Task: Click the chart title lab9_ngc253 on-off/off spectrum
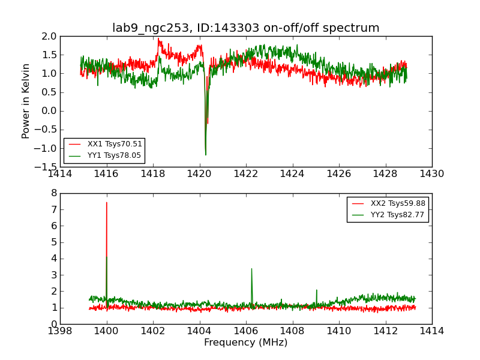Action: point(245,28)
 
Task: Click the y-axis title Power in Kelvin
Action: point(26,101)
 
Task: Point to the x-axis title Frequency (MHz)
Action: point(245,343)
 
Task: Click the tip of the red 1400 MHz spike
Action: point(107,202)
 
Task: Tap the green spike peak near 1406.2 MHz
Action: point(251,269)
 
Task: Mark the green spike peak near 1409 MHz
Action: point(316,290)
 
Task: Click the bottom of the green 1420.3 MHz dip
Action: point(205,155)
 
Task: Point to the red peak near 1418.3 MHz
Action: point(159,40)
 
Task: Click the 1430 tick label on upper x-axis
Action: point(431,174)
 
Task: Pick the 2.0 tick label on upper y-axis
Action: point(49,36)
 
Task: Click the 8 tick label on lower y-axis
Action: point(53,193)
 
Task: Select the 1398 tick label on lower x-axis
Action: point(60,331)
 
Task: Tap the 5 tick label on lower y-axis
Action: point(53,242)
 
